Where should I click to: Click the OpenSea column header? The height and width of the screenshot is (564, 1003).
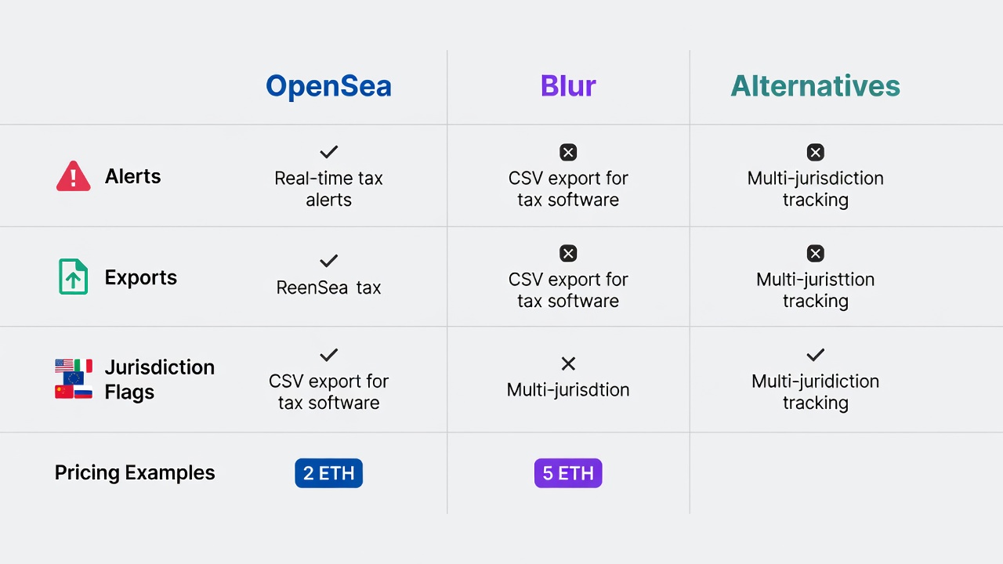[328, 86]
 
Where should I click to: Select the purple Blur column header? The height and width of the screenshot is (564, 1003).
[568, 85]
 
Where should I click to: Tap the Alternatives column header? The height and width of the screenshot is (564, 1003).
[816, 85]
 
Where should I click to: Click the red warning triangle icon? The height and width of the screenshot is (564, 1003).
[74, 176]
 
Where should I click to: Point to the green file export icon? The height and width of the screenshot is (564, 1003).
[73, 277]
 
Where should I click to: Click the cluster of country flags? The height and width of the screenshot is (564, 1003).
[74, 378]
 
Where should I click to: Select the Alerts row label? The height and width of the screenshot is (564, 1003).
[132, 176]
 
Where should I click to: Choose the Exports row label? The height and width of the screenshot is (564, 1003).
[140, 277]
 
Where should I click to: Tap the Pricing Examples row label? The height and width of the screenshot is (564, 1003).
[135, 472]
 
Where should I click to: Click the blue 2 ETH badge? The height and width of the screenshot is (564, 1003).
[328, 473]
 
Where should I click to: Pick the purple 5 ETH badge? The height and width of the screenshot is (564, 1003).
[568, 473]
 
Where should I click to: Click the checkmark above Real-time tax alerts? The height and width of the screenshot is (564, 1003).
[328, 152]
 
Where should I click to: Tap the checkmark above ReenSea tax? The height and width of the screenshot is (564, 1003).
[328, 261]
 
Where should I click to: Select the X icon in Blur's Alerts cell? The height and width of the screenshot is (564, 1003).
[568, 152]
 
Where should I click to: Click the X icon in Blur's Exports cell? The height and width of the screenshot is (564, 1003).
[568, 253]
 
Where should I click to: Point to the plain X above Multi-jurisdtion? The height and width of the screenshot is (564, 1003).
[568, 363]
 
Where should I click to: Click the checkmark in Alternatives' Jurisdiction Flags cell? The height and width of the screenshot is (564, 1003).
[816, 355]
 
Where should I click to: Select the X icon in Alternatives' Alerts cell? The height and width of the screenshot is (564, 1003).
[816, 152]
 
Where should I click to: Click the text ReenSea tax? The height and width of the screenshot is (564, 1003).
[328, 287]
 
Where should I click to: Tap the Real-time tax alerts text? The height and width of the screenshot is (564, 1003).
[328, 189]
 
